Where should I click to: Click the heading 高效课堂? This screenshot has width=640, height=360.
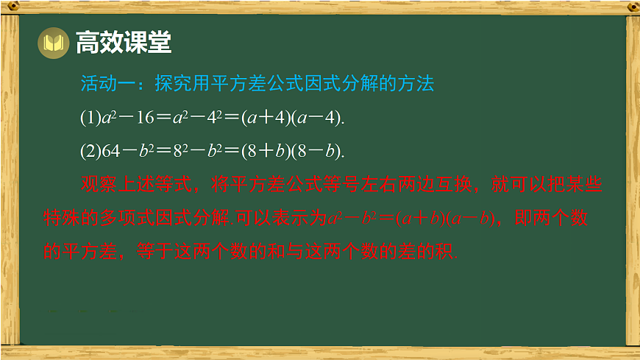tap(124, 43)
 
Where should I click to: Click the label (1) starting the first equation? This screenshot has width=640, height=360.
tap(88, 117)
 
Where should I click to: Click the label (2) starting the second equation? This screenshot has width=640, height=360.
tap(88, 151)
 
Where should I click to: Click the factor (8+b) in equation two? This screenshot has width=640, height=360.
tap(263, 151)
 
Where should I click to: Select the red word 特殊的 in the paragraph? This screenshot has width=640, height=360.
tap(71, 218)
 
